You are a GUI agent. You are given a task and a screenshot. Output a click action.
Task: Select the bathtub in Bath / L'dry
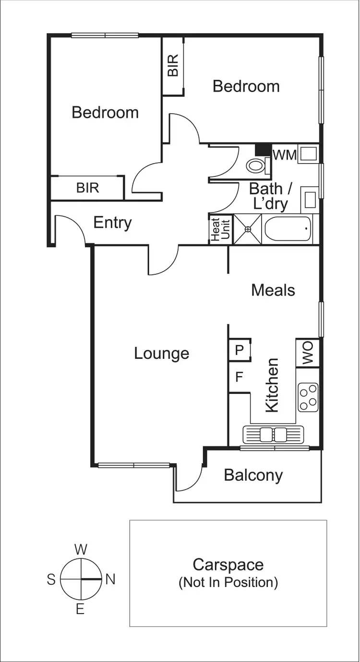[x=287, y=229]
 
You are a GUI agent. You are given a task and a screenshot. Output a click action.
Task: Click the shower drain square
[x=247, y=229]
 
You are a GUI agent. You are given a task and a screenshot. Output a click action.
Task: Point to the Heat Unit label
[x=220, y=229]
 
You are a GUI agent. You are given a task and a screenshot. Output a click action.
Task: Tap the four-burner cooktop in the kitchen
[x=308, y=397]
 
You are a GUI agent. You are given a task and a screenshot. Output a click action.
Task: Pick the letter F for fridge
[x=239, y=377]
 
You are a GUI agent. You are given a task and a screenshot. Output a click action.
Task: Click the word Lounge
[x=161, y=354]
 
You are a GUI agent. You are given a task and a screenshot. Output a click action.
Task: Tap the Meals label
[x=273, y=290]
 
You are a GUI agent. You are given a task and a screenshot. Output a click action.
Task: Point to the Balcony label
[x=253, y=475]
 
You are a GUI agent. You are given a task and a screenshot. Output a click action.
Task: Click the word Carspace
[x=228, y=565]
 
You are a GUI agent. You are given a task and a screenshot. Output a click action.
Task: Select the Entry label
[x=112, y=223]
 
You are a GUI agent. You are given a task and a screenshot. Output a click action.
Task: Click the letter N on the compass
[x=110, y=579]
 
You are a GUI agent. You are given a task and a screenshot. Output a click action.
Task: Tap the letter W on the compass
[x=81, y=549]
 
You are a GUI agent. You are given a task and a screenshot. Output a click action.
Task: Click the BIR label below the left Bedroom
[x=87, y=188]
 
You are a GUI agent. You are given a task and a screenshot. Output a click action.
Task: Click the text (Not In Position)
[x=228, y=583]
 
